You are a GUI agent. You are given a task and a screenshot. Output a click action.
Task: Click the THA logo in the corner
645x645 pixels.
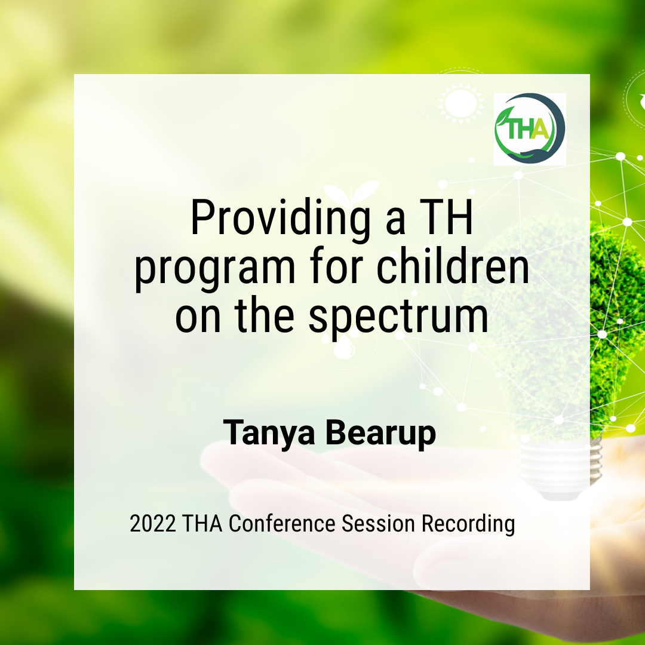[x=529, y=128]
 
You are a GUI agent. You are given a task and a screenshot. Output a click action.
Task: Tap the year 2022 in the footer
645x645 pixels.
[x=153, y=524]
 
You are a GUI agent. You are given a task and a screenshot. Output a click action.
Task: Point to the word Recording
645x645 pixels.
[x=468, y=524]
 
